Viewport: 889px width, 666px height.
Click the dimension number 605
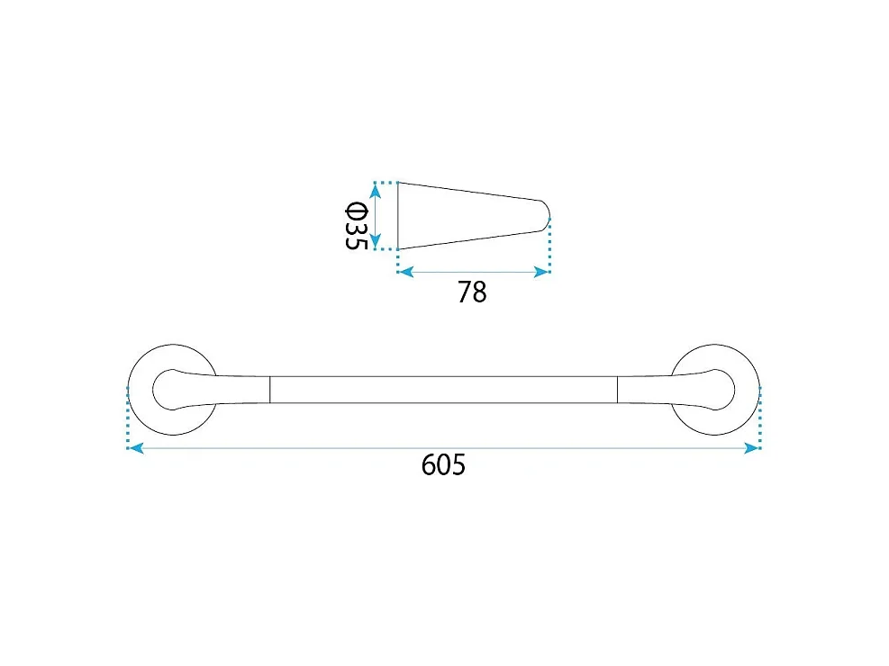[443, 464]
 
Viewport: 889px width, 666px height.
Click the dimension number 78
[472, 292]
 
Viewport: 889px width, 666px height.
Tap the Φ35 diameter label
[357, 226]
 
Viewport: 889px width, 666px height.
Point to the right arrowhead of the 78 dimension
[541, 273]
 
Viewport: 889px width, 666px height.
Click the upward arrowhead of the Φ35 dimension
[375, 192]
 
